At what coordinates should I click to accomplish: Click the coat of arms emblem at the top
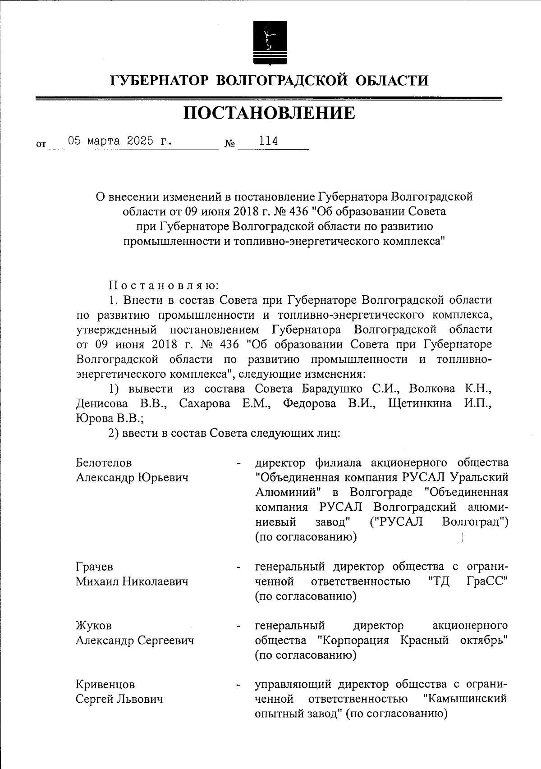tap(270, 42)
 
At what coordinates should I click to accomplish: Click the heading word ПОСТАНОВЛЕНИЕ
tap(269, 113)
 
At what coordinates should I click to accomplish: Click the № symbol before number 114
tap(229, 144)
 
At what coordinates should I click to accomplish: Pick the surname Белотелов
tap(104, 463)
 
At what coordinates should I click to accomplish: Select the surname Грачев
tap(94, 567)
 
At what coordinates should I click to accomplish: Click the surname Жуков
tap(93, 626)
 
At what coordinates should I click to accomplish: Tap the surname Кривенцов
tap(105, 685)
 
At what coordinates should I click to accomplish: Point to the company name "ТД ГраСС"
tap(468, 581)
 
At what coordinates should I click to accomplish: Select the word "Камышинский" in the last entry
tap(465, 700)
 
